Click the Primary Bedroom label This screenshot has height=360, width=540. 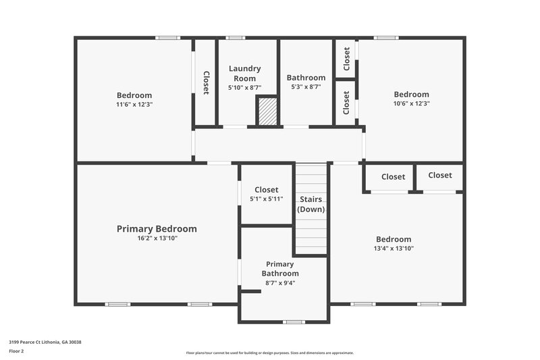157,229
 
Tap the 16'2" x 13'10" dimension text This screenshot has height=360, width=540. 157,238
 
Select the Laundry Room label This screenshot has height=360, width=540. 244,74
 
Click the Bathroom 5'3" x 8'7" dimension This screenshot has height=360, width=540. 306,87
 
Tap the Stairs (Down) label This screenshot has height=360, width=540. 311,204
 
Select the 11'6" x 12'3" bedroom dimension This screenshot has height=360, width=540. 134,105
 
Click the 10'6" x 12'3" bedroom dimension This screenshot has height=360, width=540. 411,104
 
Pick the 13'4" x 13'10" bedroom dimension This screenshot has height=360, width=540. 394,249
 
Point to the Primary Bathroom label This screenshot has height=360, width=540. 280,269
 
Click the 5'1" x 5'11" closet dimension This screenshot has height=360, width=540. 266,199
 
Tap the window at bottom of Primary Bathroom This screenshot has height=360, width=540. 294,322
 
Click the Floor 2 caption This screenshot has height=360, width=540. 17,351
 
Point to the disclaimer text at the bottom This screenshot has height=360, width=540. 270,353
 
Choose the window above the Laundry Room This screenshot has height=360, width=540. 235,38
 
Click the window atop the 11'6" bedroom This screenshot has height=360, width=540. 167,38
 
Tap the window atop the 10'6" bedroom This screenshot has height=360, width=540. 386,38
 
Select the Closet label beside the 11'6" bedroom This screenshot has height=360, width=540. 206,82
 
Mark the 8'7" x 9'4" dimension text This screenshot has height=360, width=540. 280,283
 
